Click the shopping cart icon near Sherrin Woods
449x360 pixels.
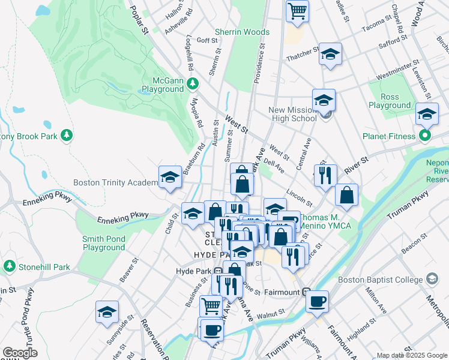click(297, 11)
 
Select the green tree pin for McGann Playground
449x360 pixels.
click(193, 83)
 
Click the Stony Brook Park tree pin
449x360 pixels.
click(69, 136)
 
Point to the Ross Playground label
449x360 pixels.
click(390, 101)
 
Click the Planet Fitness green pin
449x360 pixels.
click(425, 136)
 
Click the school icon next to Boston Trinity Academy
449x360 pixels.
click(170, 177)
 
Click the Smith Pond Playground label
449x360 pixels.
click(104, 243)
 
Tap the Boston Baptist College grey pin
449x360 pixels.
click(432, 278)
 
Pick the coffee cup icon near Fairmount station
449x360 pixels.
click(317, 301)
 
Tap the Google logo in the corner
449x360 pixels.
click(20, 353)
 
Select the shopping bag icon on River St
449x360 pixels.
click(346, 195)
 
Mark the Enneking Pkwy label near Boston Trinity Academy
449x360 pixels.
click(48, 197)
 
